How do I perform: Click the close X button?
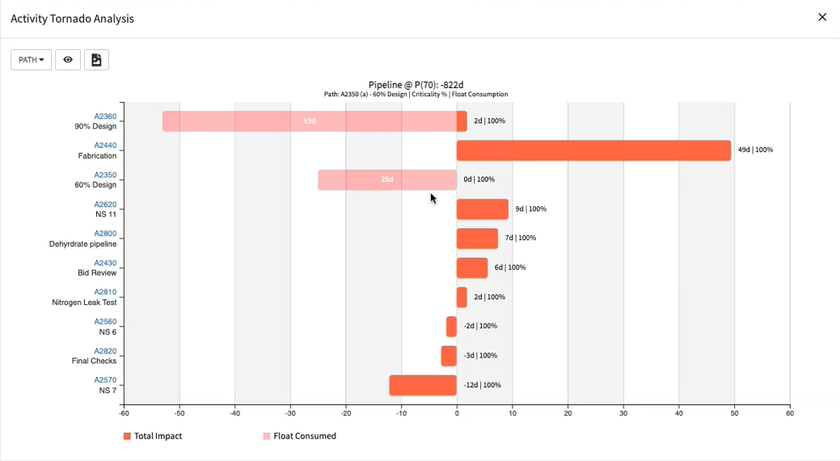(822, 17)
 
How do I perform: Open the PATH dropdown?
(32, 60)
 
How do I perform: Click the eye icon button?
(68, 60)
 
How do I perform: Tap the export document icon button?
(96, 60)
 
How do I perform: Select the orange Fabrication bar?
(593, 150)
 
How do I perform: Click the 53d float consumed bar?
(310, 121)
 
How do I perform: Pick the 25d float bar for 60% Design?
(387, 180)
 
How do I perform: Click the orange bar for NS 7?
(423, 385)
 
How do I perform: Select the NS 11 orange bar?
(483, 209)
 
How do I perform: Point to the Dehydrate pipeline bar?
(477, 239)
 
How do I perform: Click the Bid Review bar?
(472, 268)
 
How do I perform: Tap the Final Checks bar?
(449, 356)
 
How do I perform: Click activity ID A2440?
(105, 146)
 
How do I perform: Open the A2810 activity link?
(105, 292)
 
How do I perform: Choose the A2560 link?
(105, 321)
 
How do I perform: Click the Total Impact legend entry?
(153, 436)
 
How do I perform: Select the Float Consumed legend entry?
(299, 436)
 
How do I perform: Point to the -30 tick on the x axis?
(290, 413)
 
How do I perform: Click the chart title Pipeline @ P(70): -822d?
(416, 85)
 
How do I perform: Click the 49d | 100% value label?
(755, 150)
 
